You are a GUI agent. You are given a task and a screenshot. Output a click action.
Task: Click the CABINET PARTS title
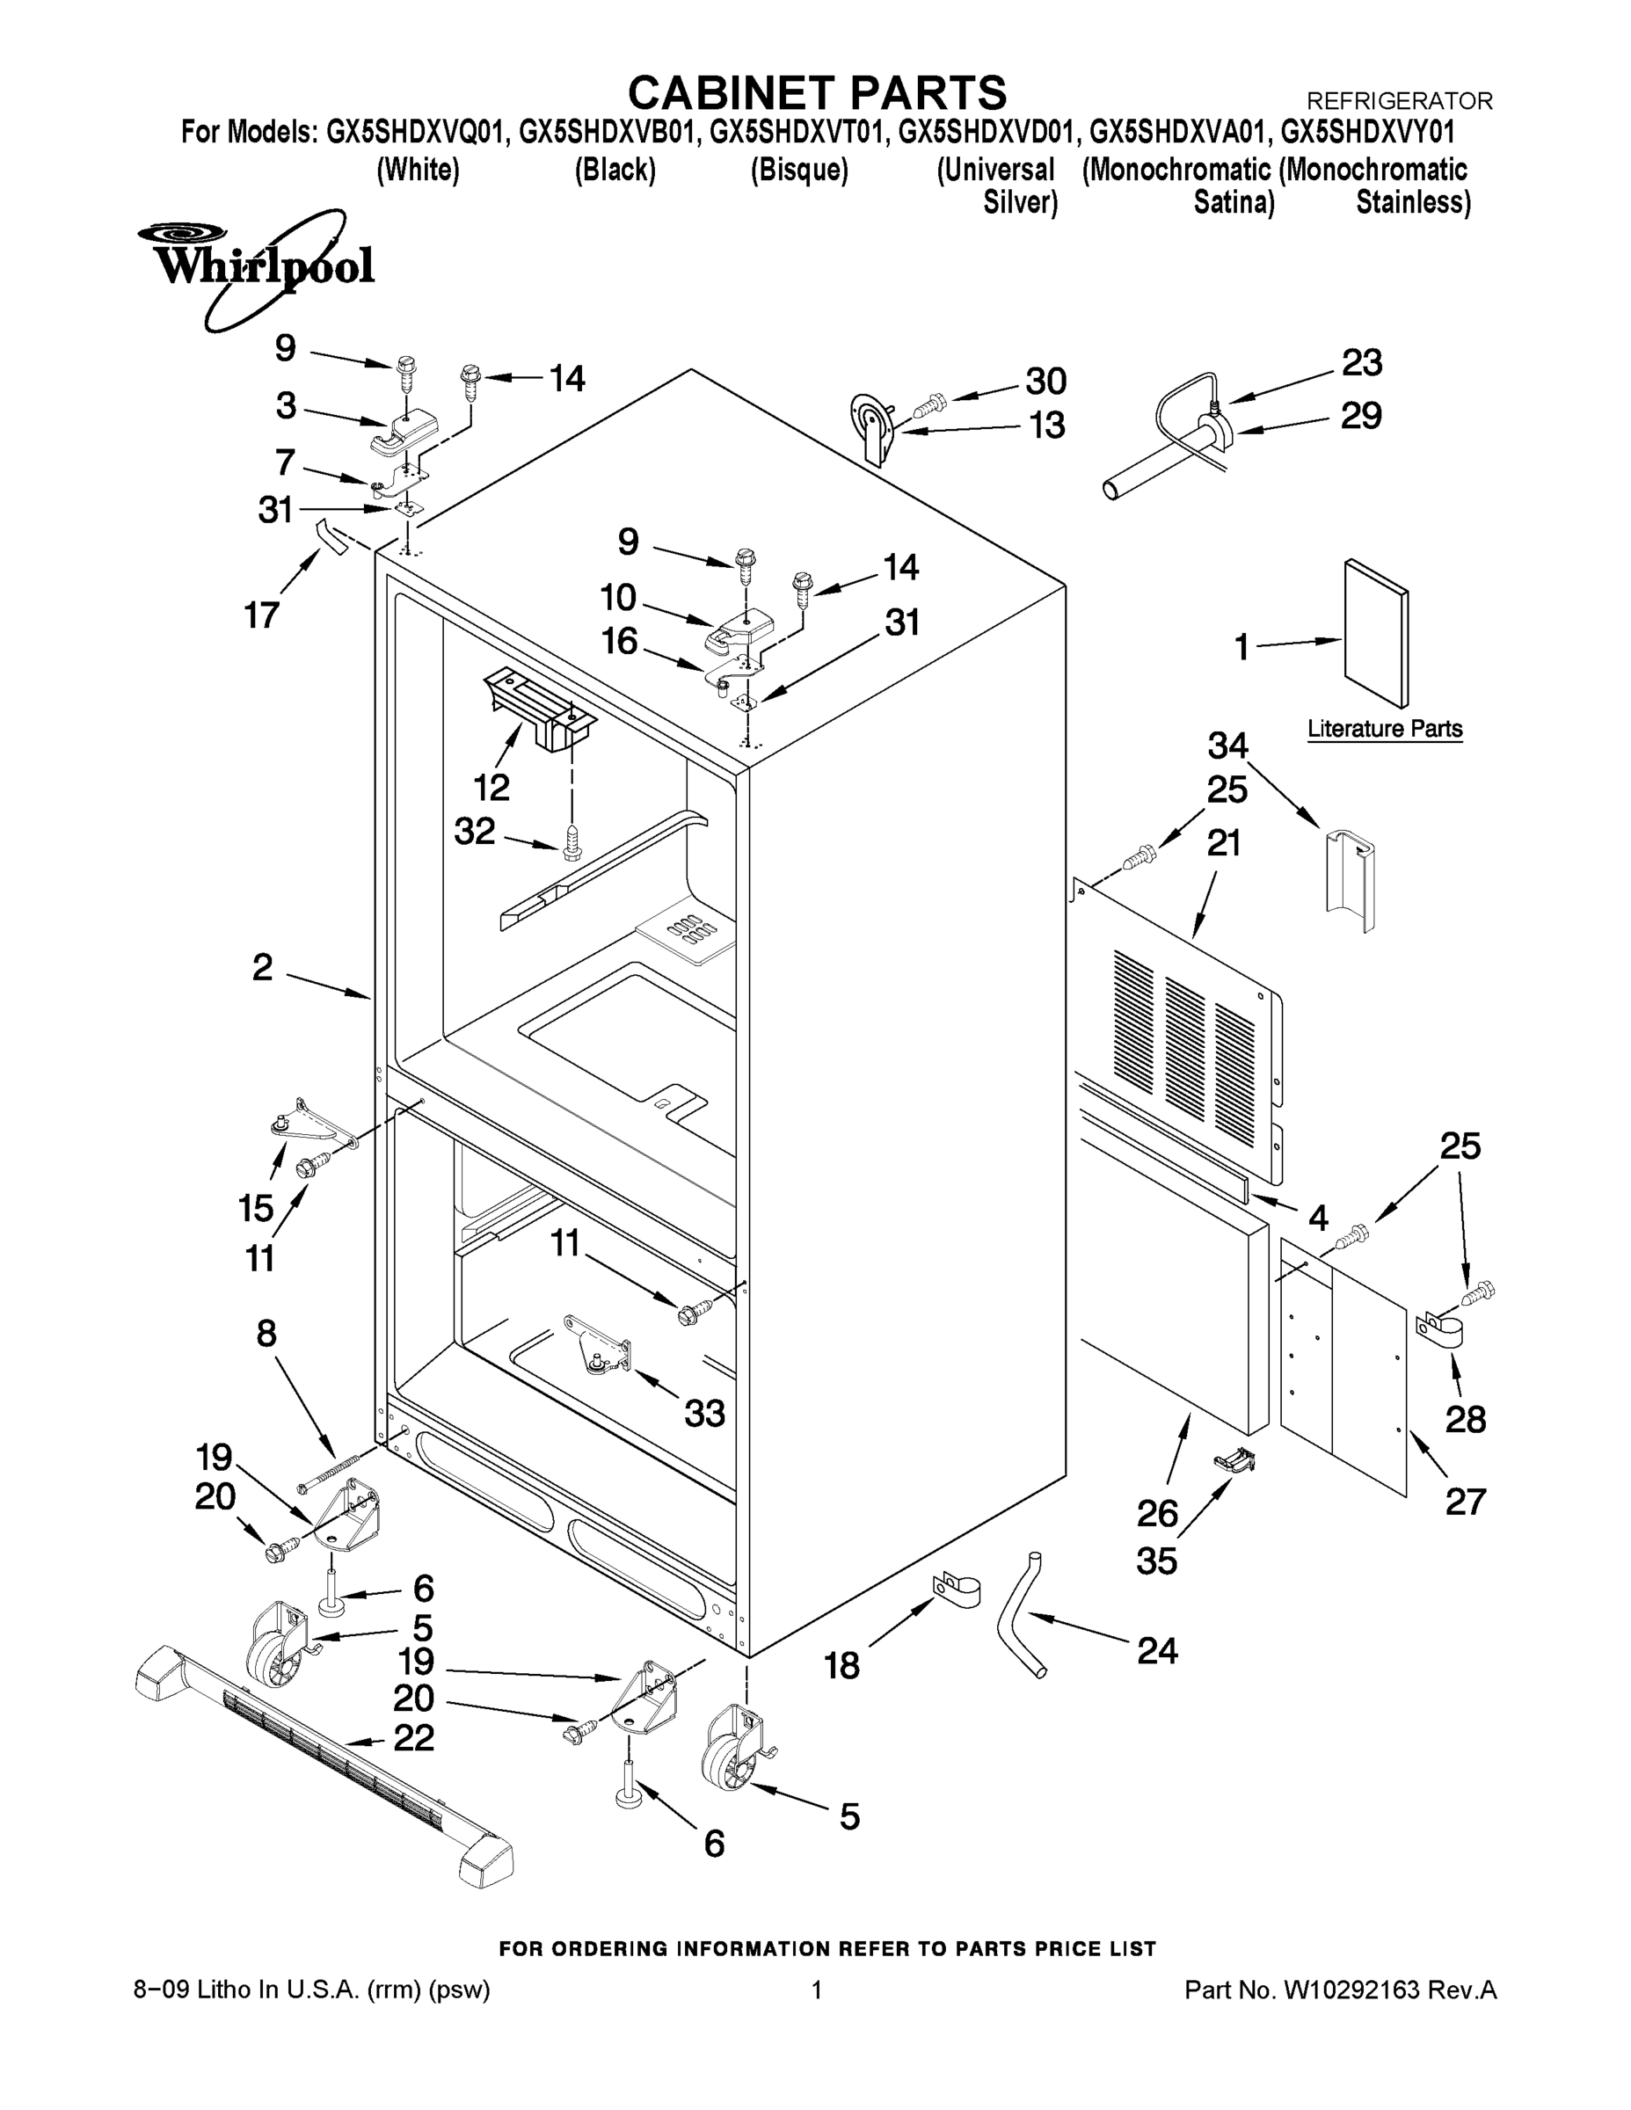817,94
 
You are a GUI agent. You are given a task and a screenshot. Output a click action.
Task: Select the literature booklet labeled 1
1376,633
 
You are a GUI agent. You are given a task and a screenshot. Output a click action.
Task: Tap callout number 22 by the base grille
413,1738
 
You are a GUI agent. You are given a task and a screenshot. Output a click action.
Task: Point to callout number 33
704,1414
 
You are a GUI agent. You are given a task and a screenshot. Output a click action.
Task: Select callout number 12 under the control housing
491,788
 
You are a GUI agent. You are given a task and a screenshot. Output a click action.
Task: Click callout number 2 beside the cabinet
263,967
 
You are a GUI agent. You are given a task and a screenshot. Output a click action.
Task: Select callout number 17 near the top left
262,615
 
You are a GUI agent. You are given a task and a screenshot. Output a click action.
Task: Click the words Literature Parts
1385,729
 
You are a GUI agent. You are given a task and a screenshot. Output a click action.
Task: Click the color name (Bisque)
799,170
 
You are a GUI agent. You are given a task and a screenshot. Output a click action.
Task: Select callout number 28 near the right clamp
1464,1419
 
